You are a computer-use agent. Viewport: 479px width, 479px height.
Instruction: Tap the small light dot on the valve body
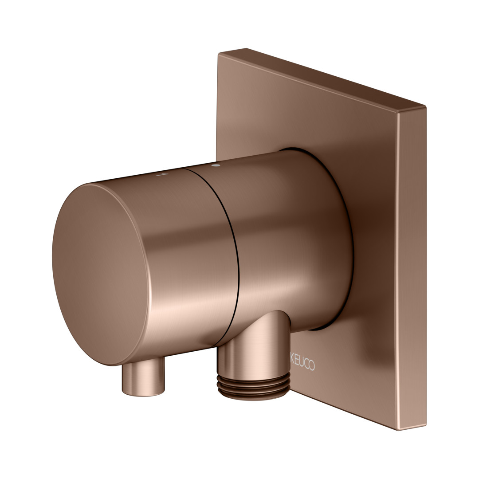click(x=216, y=165)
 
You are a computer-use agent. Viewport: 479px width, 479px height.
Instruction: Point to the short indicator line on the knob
click(x=162, y=174)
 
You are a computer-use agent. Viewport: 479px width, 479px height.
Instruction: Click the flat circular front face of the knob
click(x=101, y=275)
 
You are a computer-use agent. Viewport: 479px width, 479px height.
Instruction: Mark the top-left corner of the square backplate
click(x=219, y=54)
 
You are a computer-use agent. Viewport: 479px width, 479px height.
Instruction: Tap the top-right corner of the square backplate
click(x=425, y=106)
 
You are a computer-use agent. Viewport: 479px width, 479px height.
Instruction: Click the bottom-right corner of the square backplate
click(x=426, y=425)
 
